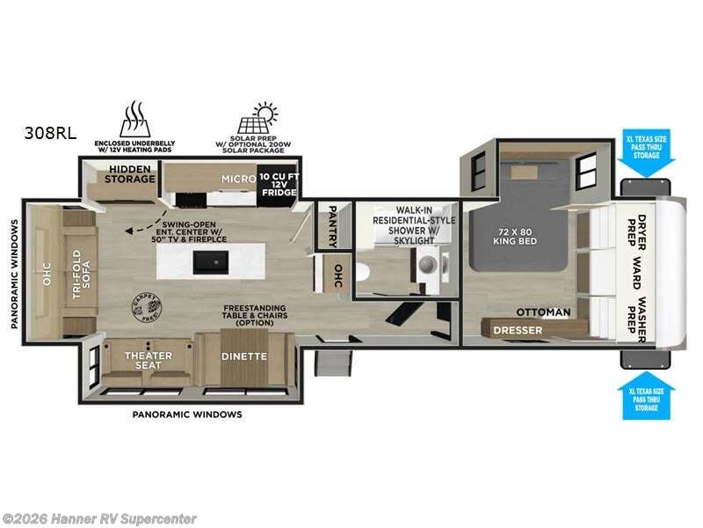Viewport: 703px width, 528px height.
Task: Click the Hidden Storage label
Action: pos(132,172)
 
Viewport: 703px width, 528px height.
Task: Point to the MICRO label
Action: pos(237,179)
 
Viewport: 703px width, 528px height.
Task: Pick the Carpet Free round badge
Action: pos(148,304)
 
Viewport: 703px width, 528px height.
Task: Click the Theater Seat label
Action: pos(148,362)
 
